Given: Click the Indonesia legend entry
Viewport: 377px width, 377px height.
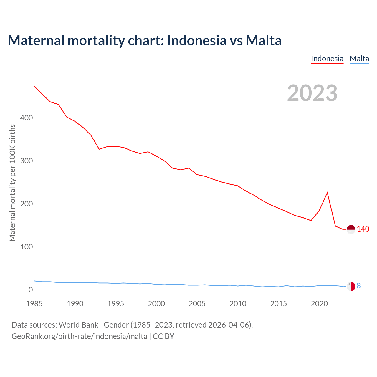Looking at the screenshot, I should tap(327, 59).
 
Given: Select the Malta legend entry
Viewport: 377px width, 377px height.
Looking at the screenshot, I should tap(359, 59).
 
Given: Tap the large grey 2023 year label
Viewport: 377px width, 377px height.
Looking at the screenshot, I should tap(312, 93).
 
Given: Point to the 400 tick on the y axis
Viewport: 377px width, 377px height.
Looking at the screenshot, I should tap(26, 118).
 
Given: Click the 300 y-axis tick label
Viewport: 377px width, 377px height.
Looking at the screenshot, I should tap(26, 161).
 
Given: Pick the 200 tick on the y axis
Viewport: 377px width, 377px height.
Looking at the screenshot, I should tap(26, 204).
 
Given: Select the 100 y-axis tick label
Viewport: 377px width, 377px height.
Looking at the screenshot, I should tap(26, 247).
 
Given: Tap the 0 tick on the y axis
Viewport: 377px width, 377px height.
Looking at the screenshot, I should tap(31, 290).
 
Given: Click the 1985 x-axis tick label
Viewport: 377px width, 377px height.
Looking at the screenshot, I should tap(34, 304).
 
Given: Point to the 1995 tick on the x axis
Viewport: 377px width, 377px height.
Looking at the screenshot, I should tap(116, 304).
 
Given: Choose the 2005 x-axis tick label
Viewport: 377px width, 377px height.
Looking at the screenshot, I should tap(197, 304).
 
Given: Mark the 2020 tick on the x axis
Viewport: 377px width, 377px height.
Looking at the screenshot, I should tap(319, 304).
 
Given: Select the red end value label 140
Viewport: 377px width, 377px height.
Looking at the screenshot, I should tap(363, 229).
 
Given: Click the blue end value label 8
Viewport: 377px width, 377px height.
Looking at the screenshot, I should tap(358, 286).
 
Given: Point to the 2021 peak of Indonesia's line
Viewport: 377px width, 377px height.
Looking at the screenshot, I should tap(327, 193).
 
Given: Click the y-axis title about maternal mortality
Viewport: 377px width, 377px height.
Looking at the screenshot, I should tap(12, 183).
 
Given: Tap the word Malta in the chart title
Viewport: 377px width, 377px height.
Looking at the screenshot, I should tap(264, 40).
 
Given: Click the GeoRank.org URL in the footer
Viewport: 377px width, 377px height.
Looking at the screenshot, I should tap(79, 336).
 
